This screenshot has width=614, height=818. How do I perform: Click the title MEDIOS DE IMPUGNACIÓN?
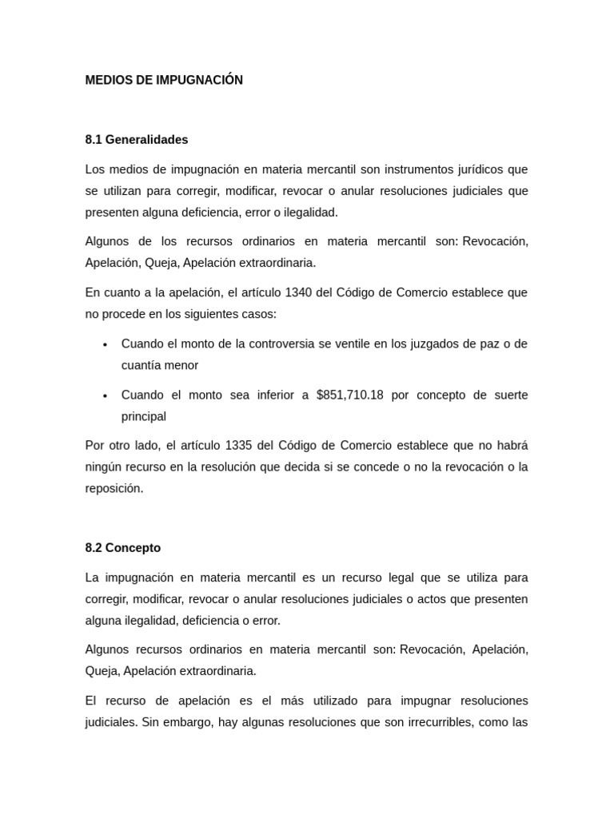tap(164, 80)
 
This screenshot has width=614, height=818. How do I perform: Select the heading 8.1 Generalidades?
tap(137, 140)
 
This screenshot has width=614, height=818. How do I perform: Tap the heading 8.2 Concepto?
tap(123, 548)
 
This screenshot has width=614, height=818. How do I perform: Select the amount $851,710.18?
tap(350, 395)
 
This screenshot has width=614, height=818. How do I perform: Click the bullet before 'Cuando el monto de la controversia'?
tap(105, 344)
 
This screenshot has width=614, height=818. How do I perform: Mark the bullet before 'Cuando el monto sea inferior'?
tap(105, 395)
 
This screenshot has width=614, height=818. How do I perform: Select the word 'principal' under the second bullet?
tap(144, 416)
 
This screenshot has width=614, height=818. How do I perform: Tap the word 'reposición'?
tap(114, 488)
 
